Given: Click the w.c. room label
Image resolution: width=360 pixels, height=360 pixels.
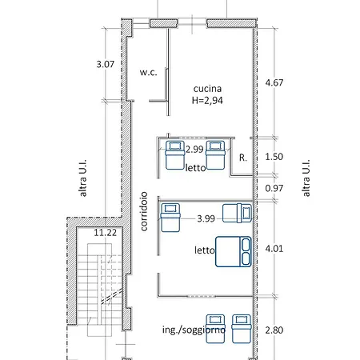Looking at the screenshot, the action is click(x=148, y=72).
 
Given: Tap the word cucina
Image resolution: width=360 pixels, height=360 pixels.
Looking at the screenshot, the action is click(x=207, y=89).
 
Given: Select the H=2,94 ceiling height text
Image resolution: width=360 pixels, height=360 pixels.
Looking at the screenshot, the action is click(x=207, y=101).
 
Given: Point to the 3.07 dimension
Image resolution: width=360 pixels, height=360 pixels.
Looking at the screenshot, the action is click(x=106, y=64).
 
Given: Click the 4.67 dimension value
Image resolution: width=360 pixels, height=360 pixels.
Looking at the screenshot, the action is click(x=274, y=82).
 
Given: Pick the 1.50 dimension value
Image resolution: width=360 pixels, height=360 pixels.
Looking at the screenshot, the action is click(x=274, y=157).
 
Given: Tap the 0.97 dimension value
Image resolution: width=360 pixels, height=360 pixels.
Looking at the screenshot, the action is click(x=274, y=188).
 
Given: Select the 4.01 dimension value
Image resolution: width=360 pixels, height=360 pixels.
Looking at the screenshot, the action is click(x=274, y=249).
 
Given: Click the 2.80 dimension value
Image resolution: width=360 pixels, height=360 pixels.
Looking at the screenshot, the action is click(x=274, y=330).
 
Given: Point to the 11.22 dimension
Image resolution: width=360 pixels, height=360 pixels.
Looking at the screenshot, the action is click(x=106, y=233).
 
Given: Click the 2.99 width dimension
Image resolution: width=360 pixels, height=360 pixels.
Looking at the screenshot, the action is click(x=194, y=149).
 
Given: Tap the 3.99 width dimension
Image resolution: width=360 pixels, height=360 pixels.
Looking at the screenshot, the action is click(x=206, y=218).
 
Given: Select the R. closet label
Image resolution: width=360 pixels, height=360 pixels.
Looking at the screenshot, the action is click(x=243, y=158).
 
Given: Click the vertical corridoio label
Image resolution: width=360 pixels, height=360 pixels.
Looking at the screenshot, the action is click(x=144, y=211).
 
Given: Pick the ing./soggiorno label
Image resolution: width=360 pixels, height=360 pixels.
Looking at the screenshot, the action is click(x=194, y=330).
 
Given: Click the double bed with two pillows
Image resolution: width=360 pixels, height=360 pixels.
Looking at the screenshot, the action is click(x=234, y=251).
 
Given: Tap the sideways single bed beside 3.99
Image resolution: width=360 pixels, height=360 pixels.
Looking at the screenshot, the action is click(x=237, y=213).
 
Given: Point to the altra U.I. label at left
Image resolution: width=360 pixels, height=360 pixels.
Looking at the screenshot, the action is click(x=83, y=178).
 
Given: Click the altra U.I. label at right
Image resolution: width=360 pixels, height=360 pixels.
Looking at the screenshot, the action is click(x=306, y=178).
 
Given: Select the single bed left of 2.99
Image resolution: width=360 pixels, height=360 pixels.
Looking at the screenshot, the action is click(x=175, y=155).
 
